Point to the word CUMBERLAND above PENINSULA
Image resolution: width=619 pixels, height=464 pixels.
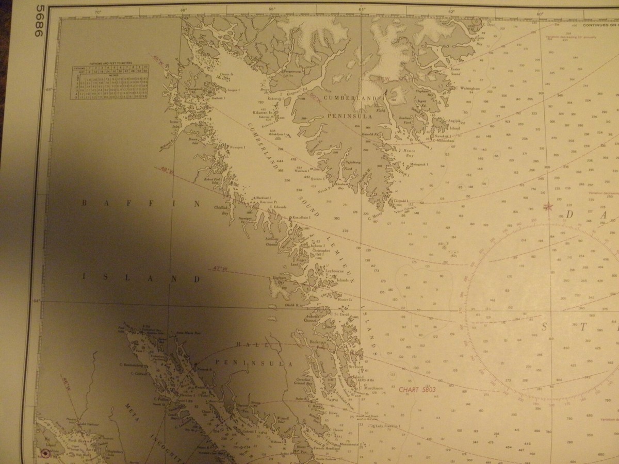point(350,98)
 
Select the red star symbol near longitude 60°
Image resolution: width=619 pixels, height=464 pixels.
point(547,207)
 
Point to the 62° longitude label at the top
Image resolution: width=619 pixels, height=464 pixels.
point(452,11)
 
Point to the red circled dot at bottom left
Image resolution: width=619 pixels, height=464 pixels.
point(45,454)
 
